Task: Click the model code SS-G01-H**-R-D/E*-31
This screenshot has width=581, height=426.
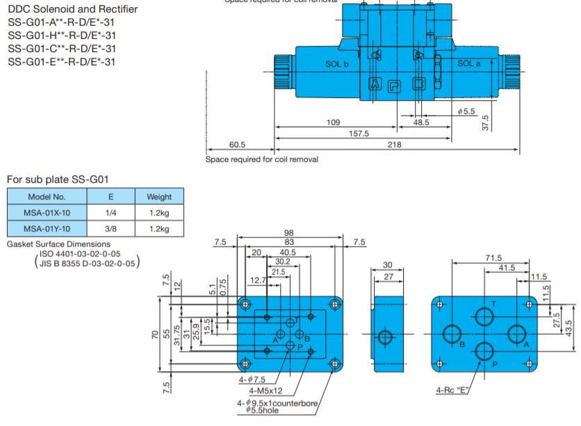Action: click(x=61, y=35)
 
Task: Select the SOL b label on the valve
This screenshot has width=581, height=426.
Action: click(x=336, y=64)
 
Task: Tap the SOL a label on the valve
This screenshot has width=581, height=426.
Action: click(x=468, y=63)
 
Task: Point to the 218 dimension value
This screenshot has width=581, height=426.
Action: click(x=395, y=144)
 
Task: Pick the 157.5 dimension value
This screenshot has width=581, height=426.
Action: click(x=358, y=133)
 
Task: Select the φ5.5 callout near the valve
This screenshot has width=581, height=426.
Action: click(x=466, y=111)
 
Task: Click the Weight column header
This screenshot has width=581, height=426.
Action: click(x=159, y=197)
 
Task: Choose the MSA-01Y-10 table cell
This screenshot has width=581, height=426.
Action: click(x=47, y=228)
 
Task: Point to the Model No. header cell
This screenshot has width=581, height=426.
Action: click(x=47, y=197)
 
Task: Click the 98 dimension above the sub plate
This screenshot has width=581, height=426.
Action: click(x=288, y=232)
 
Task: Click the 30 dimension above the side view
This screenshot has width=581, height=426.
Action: click(x=387, y=265)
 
